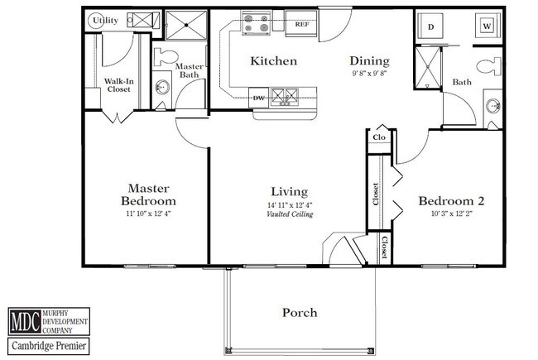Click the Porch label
click(x=300, y=313)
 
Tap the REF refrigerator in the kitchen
click(x=301, y=23)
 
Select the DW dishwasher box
click(x=259, y=98)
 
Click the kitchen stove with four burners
click(x=256, y=22)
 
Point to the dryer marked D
click(x=430, y=26)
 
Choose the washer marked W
click(x=488, y=26)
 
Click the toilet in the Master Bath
click(x=166, y=56)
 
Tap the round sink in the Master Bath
click(x=162, y=87)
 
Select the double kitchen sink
click(x=285, y=96)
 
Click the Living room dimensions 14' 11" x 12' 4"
click(x=290, y=205)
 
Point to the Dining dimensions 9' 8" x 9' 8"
click(x=369, y=73)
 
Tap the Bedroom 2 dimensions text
click(x=452, y=214)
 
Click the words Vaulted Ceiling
click(x=290, y=214)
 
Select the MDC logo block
click(x=49, y=322)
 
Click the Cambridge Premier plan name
click(x=49, y=346)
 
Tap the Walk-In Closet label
click(x=118, y=85)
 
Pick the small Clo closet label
click(x=379, y=137)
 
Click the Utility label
click(x=105, y=21)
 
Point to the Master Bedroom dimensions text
click(x=148, y=214)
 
